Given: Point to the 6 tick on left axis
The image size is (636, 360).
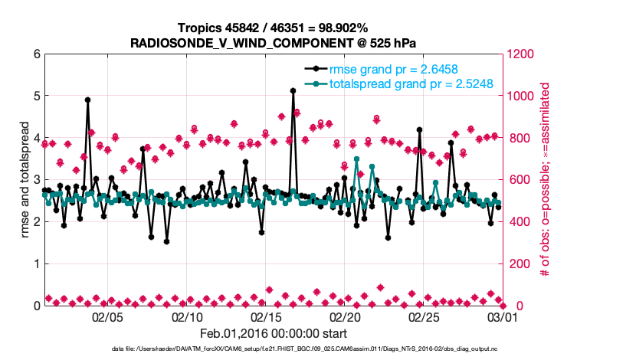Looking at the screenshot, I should click(37, 54).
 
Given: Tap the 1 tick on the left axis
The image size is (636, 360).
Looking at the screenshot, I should click(37, 263).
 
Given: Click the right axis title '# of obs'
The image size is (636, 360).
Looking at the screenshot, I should click(546, 179).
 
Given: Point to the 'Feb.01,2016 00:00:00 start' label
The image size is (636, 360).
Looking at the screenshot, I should click(273, 333).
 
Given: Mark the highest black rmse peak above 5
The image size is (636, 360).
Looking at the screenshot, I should click(293, 90).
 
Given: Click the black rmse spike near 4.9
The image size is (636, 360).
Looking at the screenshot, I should click(88, 100).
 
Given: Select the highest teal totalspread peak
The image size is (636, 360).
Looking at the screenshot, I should click(356, 159).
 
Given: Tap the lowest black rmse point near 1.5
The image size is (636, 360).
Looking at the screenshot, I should click(166, 241).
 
